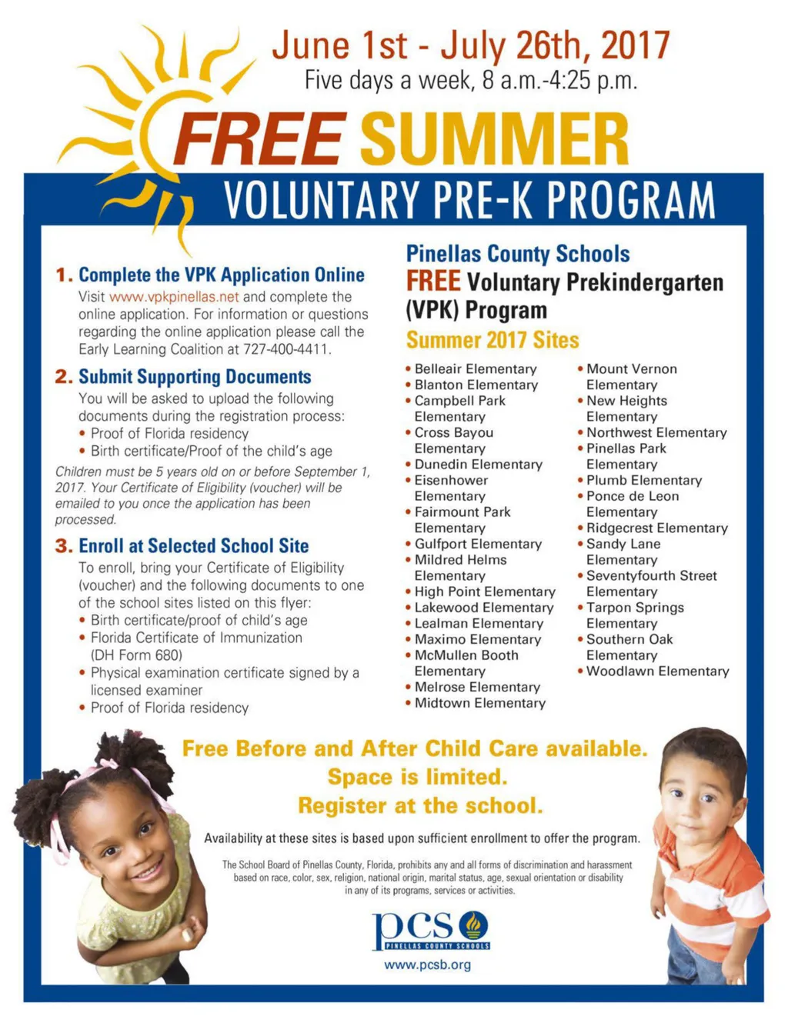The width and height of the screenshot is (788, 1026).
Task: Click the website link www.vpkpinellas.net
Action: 174,297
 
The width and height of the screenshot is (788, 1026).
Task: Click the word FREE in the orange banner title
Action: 259,138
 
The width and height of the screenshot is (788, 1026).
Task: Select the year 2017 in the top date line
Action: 635,45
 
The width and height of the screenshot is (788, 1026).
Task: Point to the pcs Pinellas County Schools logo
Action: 431,930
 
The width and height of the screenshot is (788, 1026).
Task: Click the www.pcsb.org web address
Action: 427,964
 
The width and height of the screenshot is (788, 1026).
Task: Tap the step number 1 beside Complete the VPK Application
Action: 63,275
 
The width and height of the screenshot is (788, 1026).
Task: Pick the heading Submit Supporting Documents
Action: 195,377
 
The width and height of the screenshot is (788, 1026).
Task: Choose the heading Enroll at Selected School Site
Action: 193,546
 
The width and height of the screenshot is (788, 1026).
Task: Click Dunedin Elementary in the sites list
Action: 478,465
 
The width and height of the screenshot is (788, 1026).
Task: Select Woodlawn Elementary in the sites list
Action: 657,671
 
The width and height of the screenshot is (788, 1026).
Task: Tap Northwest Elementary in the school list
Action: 656,433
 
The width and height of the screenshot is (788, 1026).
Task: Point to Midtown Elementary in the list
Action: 479,703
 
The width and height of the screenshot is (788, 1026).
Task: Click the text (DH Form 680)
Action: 136,655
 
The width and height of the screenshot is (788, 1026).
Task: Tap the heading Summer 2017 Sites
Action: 492,340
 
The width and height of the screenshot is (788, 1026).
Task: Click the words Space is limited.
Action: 417,777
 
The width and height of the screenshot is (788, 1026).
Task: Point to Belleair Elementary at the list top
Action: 475,369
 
